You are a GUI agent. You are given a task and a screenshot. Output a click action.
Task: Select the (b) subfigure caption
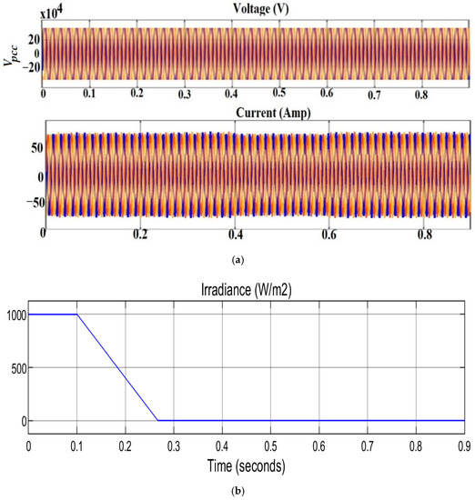point(237,491)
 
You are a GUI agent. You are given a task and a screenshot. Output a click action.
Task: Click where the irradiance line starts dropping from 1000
point(76,315)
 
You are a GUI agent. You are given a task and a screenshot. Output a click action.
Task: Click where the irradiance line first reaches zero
point(157,421)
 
